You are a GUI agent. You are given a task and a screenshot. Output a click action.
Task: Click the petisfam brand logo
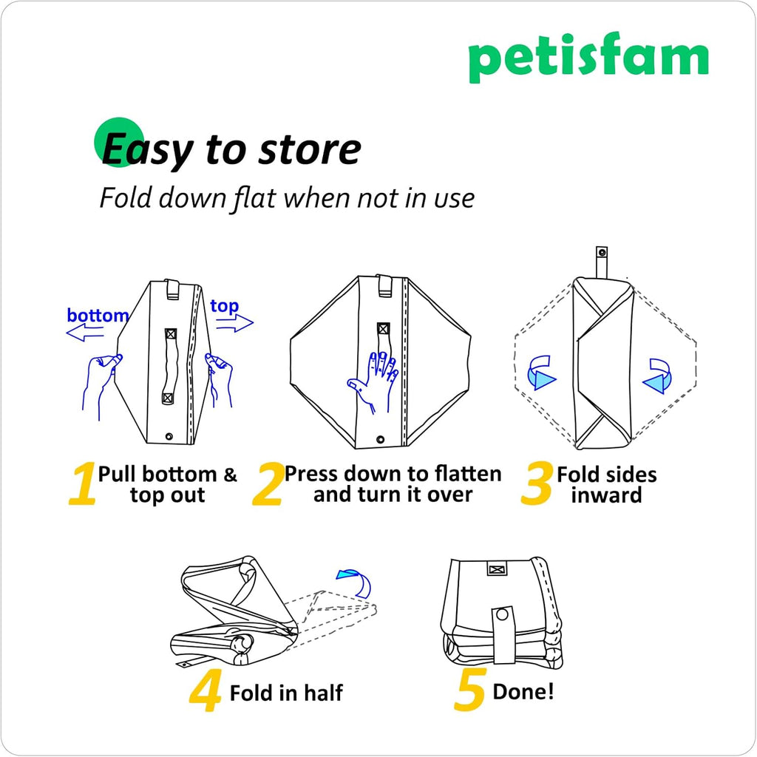click(x=588, y=57)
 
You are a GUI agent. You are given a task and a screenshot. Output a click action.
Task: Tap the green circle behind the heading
click(x=119, y=142)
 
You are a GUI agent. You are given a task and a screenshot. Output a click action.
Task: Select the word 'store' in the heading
click(x=310, y=149)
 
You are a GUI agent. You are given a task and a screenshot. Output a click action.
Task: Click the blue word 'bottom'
click(x=98, y=315)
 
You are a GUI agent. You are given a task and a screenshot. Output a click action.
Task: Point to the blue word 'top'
click(x=225, y=306)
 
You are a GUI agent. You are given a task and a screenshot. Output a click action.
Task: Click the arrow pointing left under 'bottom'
click(x=85, y=332)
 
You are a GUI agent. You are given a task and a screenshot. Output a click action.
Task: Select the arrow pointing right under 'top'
click(x=234, y=323)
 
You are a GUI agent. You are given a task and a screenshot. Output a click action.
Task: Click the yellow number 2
click(x=268, y=483)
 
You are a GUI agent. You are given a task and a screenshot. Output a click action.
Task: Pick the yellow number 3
click(x=537, y=483)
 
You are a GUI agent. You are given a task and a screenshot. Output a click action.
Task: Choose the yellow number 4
click(x=206, y=691)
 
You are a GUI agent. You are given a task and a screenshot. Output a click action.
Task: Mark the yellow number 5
click(x=469, y=690)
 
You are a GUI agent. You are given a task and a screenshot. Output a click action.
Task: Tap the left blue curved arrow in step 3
click(x=540, y=373)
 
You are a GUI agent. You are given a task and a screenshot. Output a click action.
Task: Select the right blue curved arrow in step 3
click(x=657, y=376)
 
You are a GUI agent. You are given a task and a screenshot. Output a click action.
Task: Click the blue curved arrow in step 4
click(x=356, y=582)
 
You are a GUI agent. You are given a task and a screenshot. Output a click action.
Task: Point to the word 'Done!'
click(x=523, y=691)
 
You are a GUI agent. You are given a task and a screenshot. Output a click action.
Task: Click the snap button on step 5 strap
click(x=503, y=615)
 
